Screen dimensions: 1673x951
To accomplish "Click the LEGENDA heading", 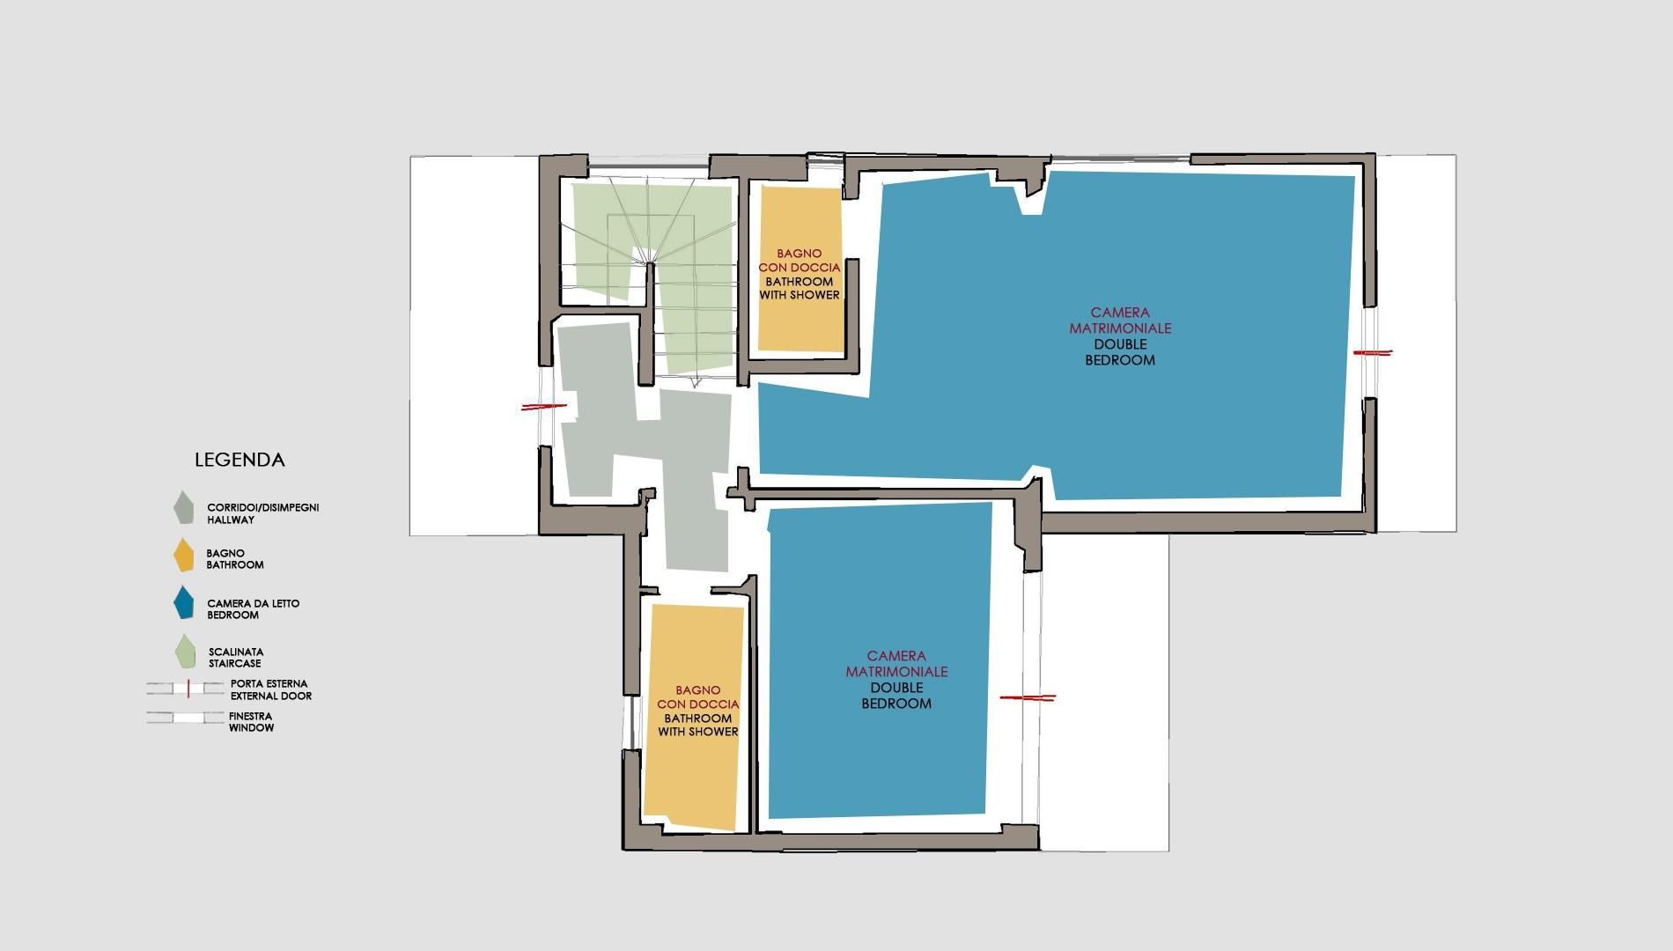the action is click(x=240, y=460).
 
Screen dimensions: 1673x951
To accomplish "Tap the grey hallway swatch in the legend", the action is click(x=183, y=508).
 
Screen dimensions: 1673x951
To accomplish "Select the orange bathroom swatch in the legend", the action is click(x=183, y=555).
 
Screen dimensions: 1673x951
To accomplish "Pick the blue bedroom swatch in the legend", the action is click(x=183, y=603).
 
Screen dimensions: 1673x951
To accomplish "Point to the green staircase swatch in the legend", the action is click(x=186, y=652).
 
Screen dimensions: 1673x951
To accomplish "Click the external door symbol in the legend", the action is click(x=186, y=688).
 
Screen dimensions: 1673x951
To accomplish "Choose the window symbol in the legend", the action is click(x=186, y=718).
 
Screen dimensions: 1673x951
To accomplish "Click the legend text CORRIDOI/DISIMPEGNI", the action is click(x=262, y=508).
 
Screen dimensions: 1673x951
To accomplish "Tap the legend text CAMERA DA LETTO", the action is click(x=254, y=603).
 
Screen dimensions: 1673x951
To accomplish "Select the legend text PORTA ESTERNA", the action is click(x=269, y=683).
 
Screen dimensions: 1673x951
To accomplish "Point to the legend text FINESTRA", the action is click(x=251, y=716).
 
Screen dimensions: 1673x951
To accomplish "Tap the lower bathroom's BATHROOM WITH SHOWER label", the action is click(x=698, y=725).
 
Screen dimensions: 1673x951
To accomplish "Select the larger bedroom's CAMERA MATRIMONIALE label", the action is click(x=1120, y=320).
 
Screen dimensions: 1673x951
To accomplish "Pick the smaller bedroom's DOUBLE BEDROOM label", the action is click(x=896, y=696).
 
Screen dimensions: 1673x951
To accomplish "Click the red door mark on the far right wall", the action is click(x=1372, y=353).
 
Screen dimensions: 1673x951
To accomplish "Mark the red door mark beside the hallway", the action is click(x=544, y=407).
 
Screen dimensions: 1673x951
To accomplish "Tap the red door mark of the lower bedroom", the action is click(x=1028, y=697).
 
